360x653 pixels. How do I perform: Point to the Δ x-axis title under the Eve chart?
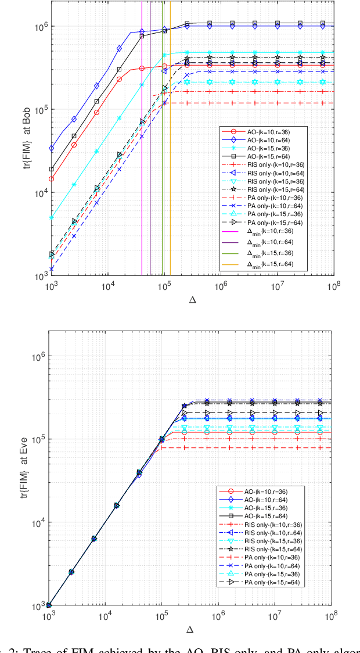pos(190,630)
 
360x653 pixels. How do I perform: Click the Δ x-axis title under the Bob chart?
pos(192,300)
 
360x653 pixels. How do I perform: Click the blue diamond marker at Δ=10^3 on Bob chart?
pos(51,148)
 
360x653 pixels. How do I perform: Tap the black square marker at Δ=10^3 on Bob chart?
pos(51,169)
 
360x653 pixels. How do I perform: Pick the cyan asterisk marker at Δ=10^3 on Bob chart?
pos(51,218)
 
